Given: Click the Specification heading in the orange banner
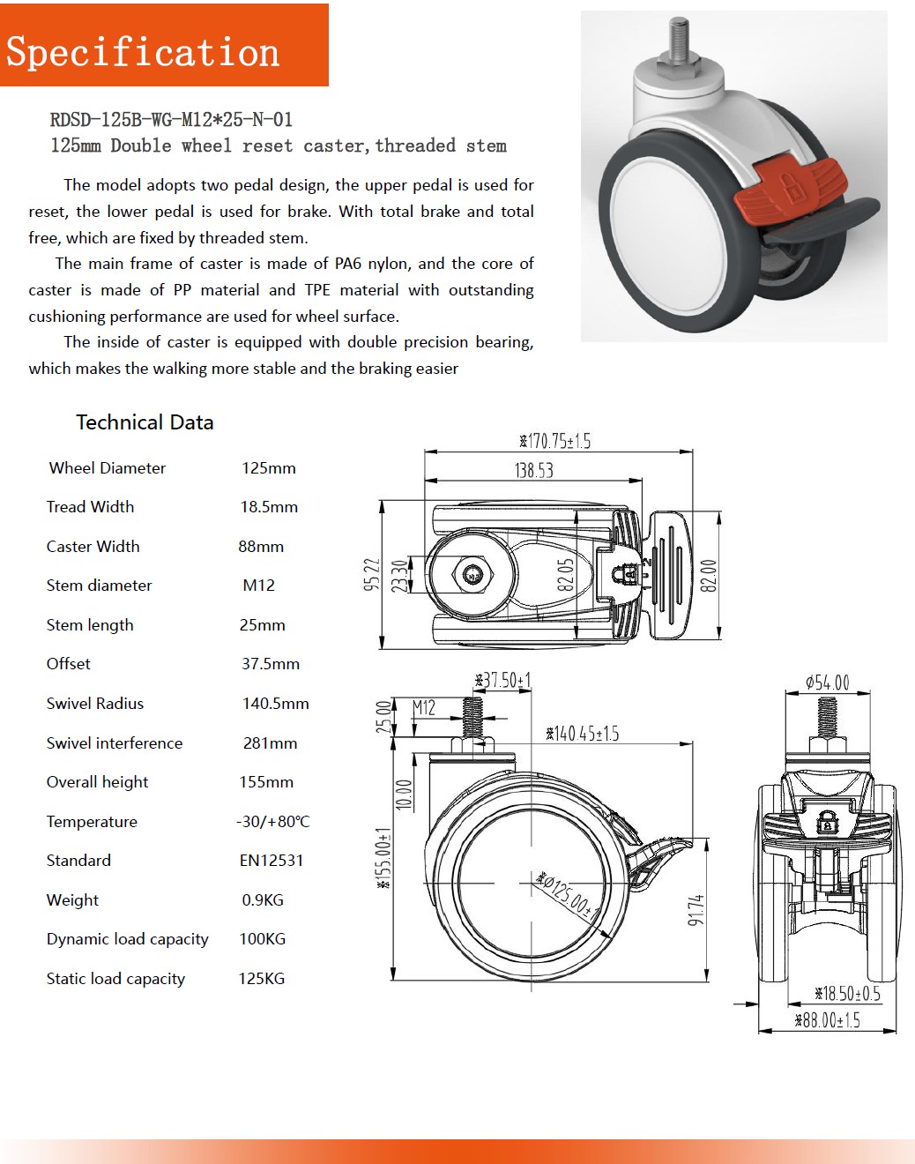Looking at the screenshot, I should tap(143, 52).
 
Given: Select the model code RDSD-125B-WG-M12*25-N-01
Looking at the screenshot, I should tap(171, 120).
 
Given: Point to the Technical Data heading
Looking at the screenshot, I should tap(145, 422).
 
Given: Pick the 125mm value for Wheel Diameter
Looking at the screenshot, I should tap(269, 468).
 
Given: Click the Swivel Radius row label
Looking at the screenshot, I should tap(95, 704).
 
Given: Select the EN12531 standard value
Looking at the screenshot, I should tap(272, 861).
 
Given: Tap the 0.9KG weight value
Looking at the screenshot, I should tap(263, 900).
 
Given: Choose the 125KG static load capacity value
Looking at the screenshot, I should tap(262, 979).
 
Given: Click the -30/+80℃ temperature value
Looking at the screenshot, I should tap(273, 822).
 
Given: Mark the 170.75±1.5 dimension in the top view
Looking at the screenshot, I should tap(555, 441).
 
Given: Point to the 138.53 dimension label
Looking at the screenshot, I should tap(534, 471).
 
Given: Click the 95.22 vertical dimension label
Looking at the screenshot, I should tap(372, 574).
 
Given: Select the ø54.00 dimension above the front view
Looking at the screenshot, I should tap(827, 683).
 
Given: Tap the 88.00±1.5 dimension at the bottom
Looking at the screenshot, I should tap(827, 1020).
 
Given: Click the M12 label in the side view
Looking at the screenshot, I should tap(424, 707).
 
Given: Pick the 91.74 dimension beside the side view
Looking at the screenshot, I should tap(696, 910).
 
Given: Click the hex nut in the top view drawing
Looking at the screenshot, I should tap(473, 575).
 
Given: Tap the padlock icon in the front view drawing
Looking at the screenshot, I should tap(826, 823).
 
